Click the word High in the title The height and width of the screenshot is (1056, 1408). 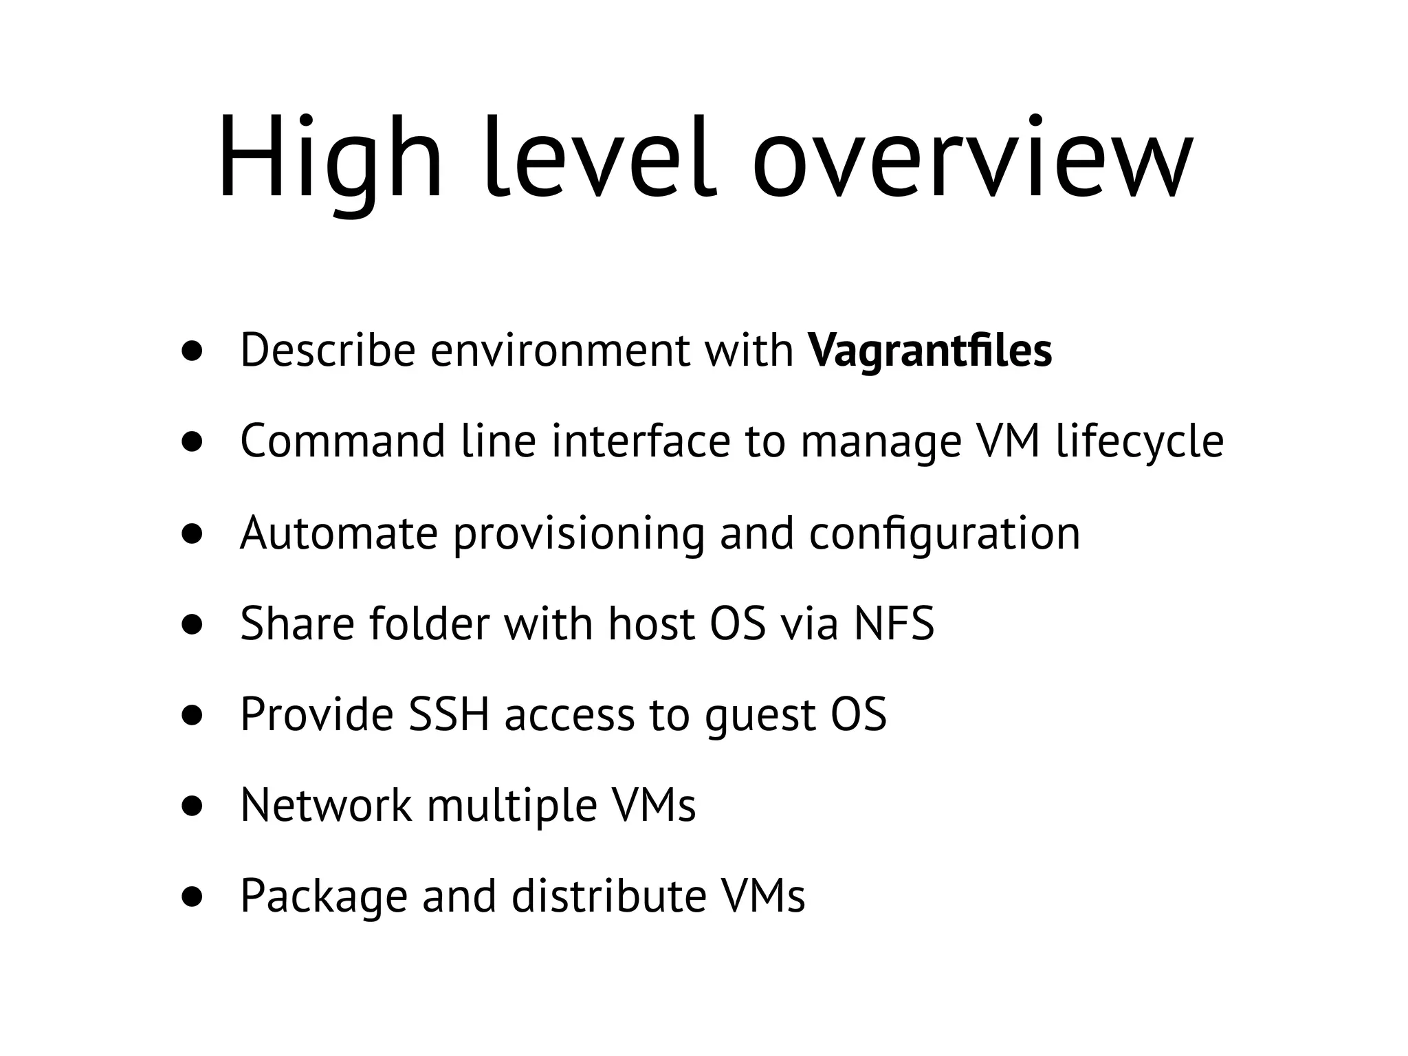pyautogui.click(x=330, y=159)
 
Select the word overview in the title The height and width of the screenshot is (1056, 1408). pyautogui.click(x=973, y=159)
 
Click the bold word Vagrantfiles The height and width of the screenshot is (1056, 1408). pyautogui.click(x=930, y=351)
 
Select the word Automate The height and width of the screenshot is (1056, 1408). pyautogui.click(x=339, y=533)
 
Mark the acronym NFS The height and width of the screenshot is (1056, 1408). pyautogui.click(x=894, y=624)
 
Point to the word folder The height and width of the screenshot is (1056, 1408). pyautogui.click(x=429, y=624)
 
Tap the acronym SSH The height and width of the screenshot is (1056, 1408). pyautogui.click(x=449, y=714)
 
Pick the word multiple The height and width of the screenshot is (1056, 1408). pyautogui.click(x=512, y=806)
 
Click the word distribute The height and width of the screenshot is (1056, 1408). pyautogui.click(x=609, y=896)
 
